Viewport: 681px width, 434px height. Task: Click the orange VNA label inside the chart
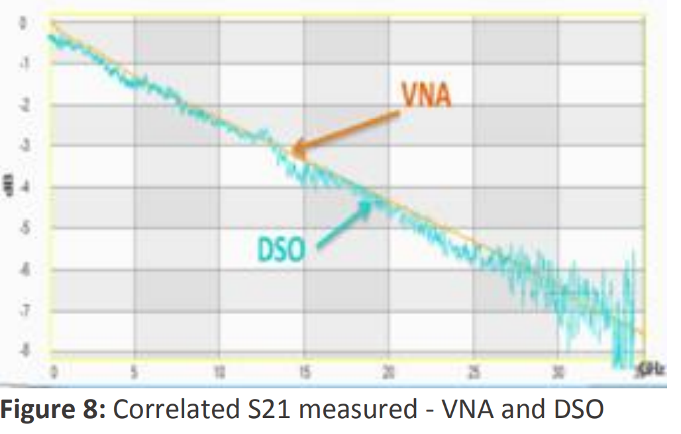pos(427,96)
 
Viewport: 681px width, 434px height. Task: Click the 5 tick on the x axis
pos(135,370)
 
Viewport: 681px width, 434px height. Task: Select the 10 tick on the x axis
pos(219,370)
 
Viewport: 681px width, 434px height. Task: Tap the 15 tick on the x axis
pos(304,370)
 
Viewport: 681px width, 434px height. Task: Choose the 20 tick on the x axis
pos(388,370)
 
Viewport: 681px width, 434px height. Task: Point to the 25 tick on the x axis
pos(473,370)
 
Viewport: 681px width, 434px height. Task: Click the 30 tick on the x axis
pos(558,370)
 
